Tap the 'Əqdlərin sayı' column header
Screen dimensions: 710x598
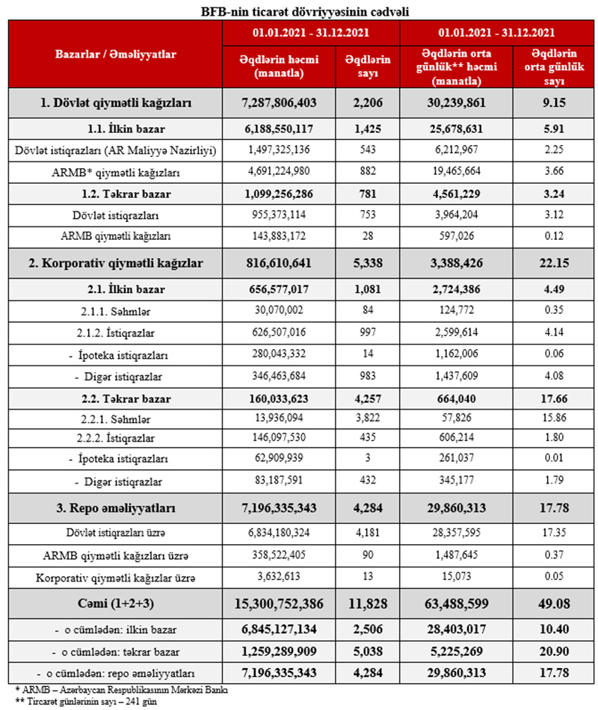[362, 67]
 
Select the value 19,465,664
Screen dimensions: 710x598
[459, 173]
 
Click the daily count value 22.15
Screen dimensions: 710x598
[552, 263]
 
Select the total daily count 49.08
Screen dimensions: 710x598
[552, 604]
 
